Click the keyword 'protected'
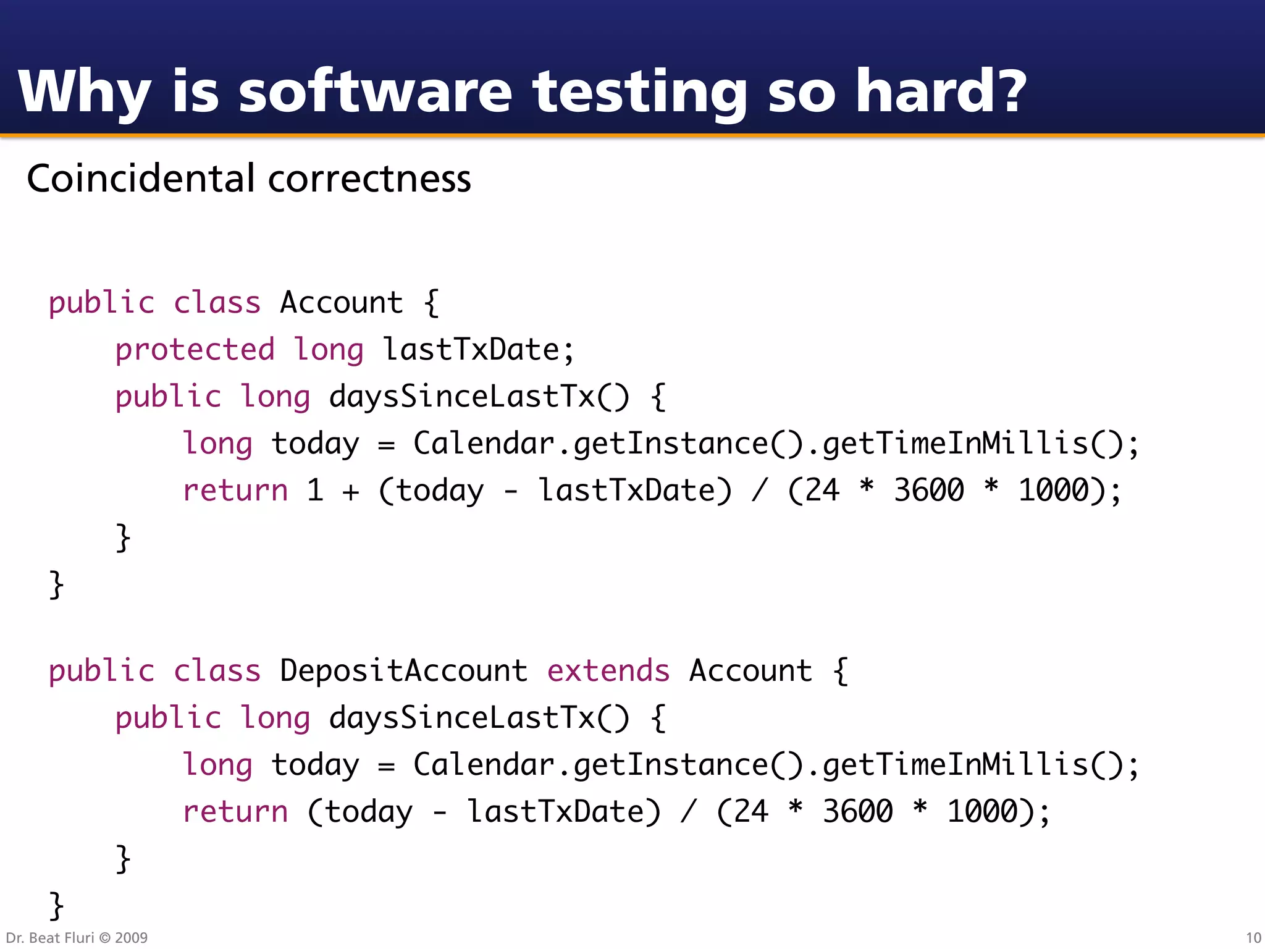pos(195,350)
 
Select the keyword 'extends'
pos(608,671)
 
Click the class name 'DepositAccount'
pos(403,671)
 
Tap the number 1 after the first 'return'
pos(315,491)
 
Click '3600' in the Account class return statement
pos(929,491)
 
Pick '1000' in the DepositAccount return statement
pos(982,812)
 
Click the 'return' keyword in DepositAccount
pos(235,812)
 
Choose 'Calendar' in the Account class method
pos(484,444)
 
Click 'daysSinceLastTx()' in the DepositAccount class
pos(479,718)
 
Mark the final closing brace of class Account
pos(56,584)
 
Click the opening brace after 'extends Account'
pos(841,671)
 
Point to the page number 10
pos(1253,938)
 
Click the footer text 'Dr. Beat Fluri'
pos(49,938)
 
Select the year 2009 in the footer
pos(131,938)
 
